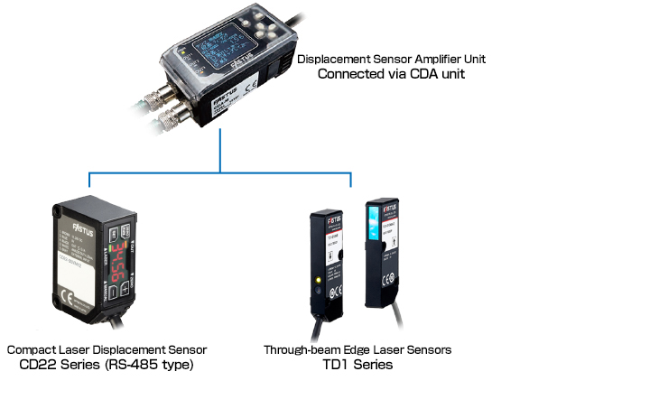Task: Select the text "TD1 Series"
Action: pyautogui.click(x=357, y=365)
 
